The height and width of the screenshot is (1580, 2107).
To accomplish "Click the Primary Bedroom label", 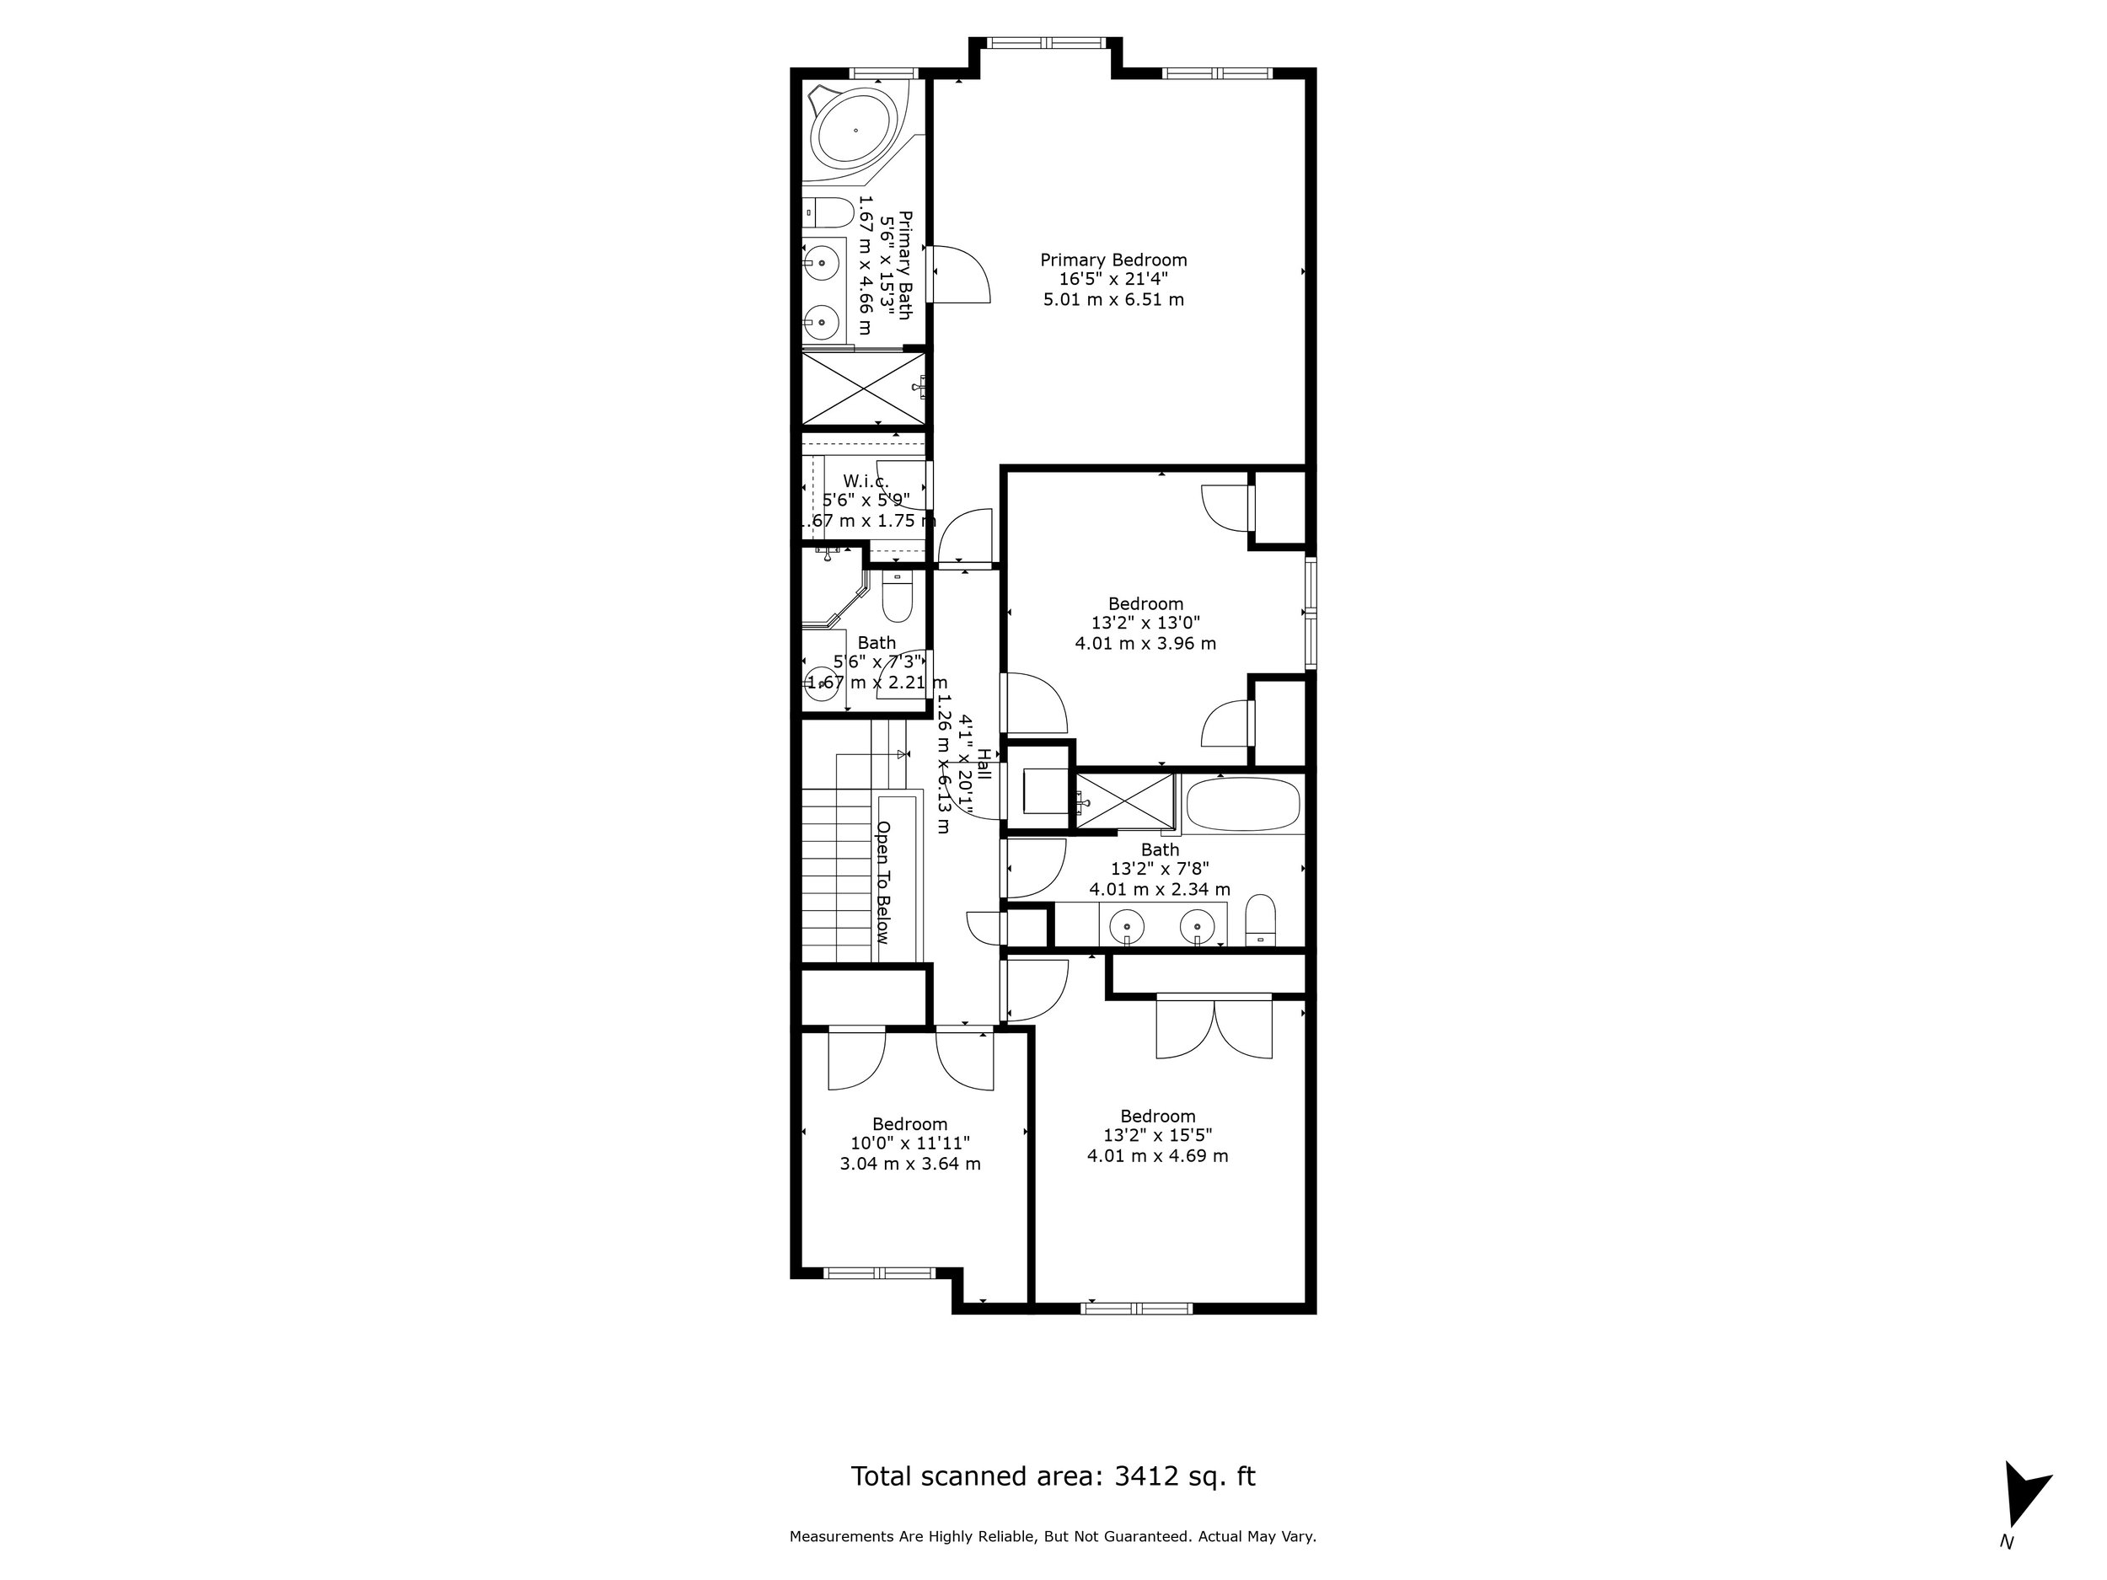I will tap(1112, 260).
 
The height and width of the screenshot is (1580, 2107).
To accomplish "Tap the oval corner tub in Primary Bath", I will tap(854, 131).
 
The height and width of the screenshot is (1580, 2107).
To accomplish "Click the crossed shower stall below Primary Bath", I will tap(862, 388).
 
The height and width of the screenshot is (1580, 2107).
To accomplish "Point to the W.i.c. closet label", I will tap(865, 481).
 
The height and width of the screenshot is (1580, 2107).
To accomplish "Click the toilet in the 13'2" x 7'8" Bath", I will tap(1260, 919).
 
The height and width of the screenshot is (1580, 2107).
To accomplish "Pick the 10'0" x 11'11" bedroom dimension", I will tap(909, 1143).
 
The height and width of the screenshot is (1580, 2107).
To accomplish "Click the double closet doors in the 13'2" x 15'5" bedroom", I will tap(1214, 1026).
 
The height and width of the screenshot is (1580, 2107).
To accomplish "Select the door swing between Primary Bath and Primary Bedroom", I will tap(960, 274).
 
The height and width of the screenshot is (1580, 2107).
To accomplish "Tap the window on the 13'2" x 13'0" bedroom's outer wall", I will tap(1311, 613).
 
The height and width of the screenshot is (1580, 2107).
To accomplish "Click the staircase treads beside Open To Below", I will tap(836, 876).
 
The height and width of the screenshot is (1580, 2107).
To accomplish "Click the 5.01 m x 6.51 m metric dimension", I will tap(1112, 300).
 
